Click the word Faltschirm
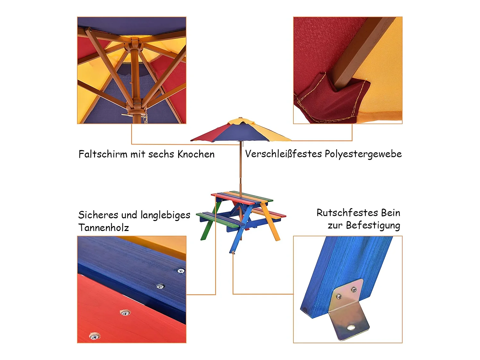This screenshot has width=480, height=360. pyautogui.click(x=103, y=154)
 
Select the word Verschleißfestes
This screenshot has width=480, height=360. pyautogui.click(x=283, y=154)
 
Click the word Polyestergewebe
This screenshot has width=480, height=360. pyautogui.click(x=363, y=154)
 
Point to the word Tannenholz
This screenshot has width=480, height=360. pyautogui.click(x=103, y=228)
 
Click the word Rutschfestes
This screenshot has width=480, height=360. pyautogui.click(x=347, y=213)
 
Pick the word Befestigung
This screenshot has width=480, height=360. pyautogui.click(x=373, y=225)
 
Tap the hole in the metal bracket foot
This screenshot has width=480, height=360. pyautogui.click(x=351, y=328)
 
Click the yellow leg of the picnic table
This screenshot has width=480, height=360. pyautogui.click(x=272, y=225)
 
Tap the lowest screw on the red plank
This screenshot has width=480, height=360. pyautogui.click(x=94, y=336)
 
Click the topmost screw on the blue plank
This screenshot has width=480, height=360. pyautogui.click(x=181, y=271)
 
